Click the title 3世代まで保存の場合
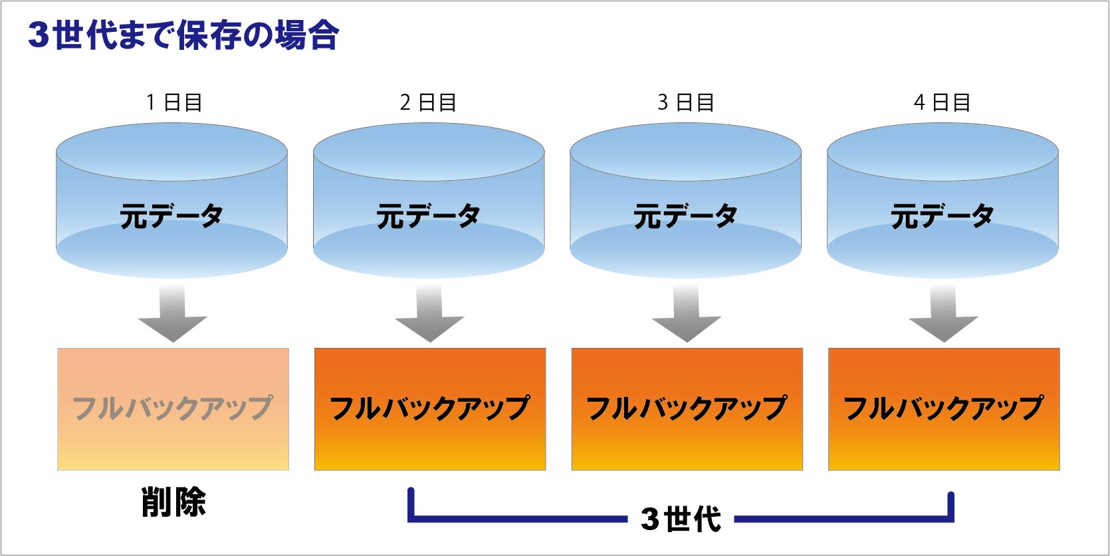(183, 35)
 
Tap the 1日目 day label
(174, 102)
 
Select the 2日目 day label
(428, 102)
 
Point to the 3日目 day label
(686, 102)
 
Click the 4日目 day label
(942, 102)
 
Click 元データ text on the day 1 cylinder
(171, 215)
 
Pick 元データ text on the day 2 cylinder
(428, 215)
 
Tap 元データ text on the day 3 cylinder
(685, 215)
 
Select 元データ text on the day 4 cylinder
(943, 215)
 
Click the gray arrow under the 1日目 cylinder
(172, 313)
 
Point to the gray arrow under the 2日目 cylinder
(429, 313)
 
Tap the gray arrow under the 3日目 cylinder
(687, 313)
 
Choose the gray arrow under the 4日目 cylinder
(944, 313)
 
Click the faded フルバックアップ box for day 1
(173, 409)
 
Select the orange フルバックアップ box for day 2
(430, 409)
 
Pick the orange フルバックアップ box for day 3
(687, 409)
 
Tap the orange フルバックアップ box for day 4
(944, 409)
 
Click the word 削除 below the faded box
(173, 502)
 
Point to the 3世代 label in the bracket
(681, 519)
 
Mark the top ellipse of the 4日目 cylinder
(943, 152)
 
